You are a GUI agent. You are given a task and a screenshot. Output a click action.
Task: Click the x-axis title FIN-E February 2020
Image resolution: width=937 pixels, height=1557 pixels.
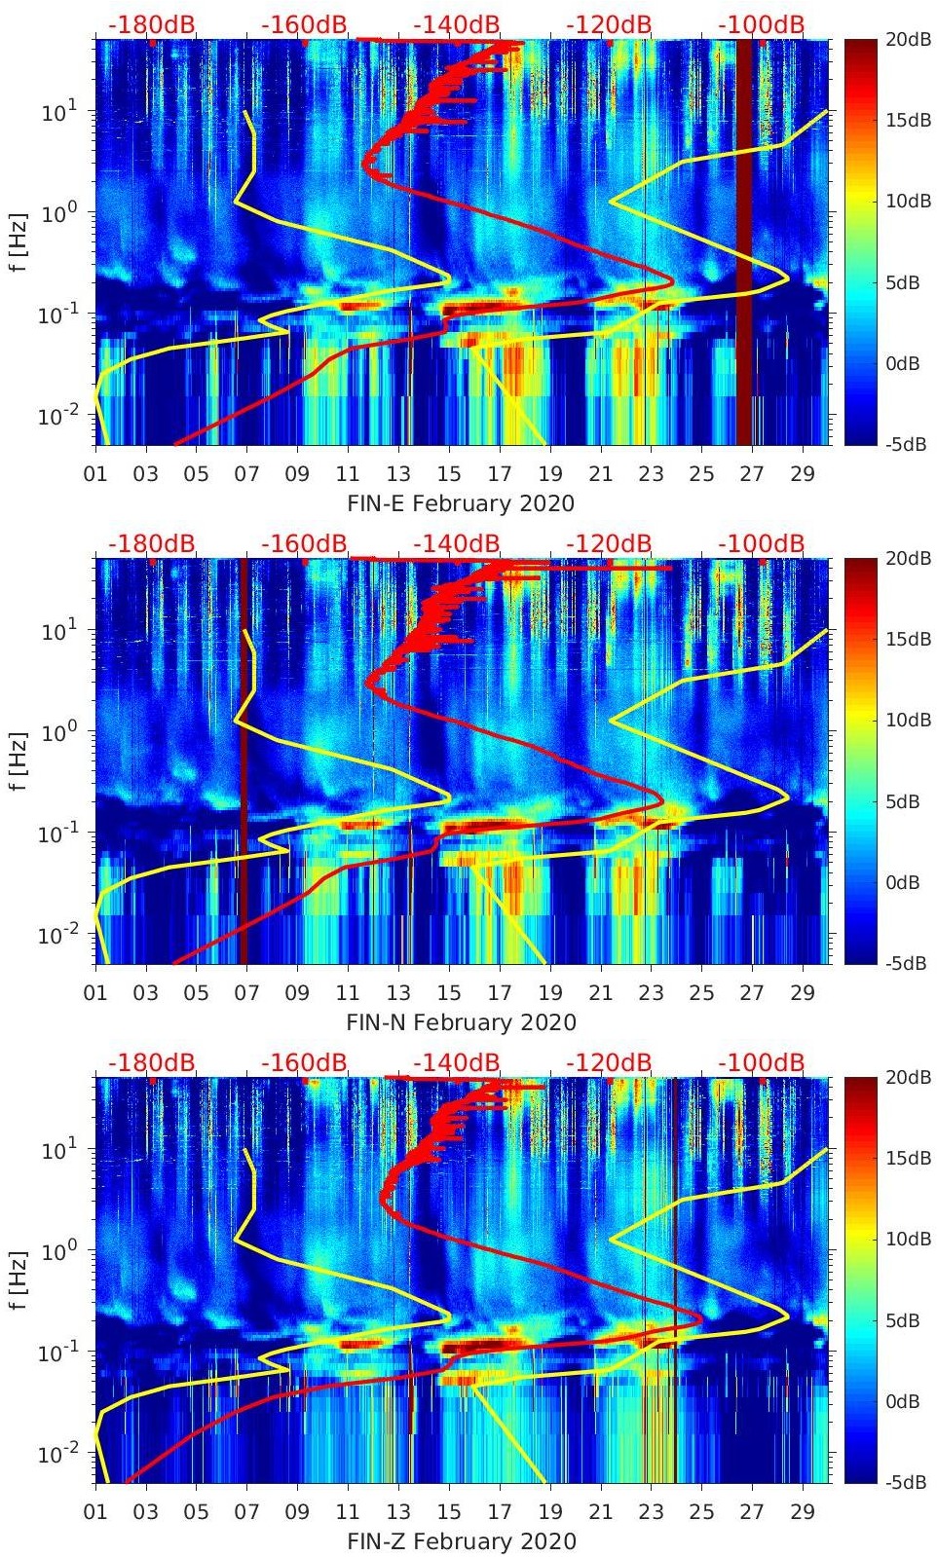(461, 503)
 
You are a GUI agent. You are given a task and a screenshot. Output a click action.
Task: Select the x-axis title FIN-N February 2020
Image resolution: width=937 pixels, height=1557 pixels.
(461, 1022)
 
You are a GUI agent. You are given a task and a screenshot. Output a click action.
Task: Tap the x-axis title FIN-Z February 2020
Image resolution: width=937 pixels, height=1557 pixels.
(461, 1541)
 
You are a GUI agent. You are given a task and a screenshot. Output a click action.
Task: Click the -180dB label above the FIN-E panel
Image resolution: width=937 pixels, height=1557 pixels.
(151, 24)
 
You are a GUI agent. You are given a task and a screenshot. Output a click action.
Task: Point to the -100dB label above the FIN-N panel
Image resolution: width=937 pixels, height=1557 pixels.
(761, 543)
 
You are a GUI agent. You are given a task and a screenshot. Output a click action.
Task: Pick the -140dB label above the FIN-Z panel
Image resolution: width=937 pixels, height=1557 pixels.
(456, 1062)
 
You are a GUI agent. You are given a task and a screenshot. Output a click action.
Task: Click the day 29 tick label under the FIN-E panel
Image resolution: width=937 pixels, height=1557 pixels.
(802, 474)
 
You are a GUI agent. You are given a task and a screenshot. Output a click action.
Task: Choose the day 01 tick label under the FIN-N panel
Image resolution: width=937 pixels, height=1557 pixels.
(95, 993)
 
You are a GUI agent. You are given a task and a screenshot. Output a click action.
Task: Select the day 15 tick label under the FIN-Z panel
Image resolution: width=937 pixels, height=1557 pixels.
(448, 1512)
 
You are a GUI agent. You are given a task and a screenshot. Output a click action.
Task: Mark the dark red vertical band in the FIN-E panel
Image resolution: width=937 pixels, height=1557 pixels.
(743, 243)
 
